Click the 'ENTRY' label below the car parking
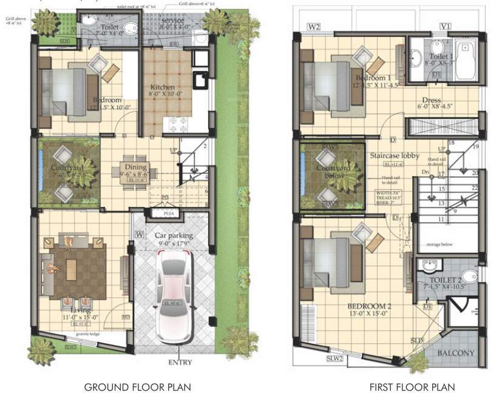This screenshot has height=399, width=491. (x=180, y=363)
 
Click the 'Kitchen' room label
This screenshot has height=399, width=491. (x=162, y=87)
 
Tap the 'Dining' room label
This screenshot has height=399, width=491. (x=135, y=167)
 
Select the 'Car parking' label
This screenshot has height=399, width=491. (x=173, y=235)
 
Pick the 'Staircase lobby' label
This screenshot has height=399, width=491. (x=394, y=156)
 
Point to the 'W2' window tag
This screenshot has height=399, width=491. (x=314, y=27)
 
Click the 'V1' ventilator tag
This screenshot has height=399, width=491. (x=445, y=27)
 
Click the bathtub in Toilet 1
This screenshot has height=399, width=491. (x=466, y=61)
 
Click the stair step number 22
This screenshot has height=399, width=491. (x=474, y=188)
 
